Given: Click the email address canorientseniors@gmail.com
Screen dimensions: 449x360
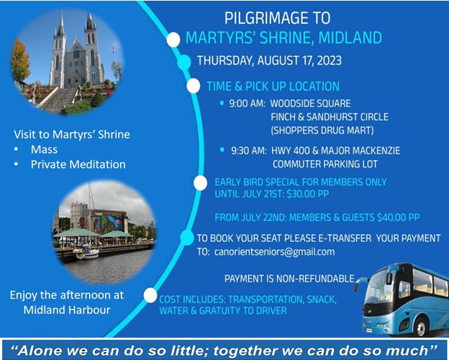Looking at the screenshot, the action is click(274, 252).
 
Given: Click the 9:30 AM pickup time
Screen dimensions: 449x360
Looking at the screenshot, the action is click(249, 150).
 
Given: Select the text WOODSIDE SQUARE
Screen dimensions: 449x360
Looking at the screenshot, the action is click(310, 104).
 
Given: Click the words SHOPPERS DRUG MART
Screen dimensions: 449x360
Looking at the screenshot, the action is click(322, 130).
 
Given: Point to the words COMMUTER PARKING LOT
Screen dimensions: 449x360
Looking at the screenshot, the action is click(325, 164).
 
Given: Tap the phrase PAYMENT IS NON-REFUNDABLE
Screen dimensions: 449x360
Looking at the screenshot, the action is click(289, 279).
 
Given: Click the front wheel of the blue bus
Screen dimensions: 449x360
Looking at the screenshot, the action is click(421, 326).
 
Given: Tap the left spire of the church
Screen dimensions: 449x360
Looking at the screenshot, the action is click(61, 24).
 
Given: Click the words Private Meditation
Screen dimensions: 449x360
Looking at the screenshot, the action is click(78, 165).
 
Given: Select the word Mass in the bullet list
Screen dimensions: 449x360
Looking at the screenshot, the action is click(44, 149).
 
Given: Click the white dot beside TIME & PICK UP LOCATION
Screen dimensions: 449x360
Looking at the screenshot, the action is click(194, 86).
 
